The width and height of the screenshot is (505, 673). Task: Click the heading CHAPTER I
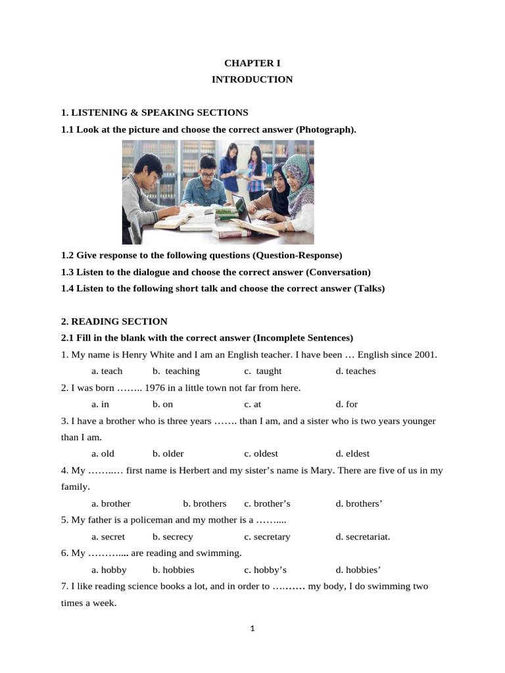pyautogui.click(x=252, y=63)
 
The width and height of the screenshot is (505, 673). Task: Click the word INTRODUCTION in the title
pyautogui.click(x=252, y=80)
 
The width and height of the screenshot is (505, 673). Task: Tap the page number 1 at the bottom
pyautogui.click(x=252, y=628)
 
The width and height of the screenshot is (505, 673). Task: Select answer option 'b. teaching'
pyautogui.click(x=176, y=371)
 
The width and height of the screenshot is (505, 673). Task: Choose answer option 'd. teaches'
pyautogui.click(x=356, y=371)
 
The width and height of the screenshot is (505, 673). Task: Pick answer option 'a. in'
pyautogui.click(x=100, y=404)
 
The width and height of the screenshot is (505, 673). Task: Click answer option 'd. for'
pyautogui.click(x=347, y=404)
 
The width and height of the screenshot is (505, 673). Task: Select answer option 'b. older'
pyautogui.click(x=168, y=453)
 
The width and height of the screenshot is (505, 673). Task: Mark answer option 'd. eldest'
pyautogui.click(x=352, y=453)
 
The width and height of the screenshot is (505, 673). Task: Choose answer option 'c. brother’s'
pyautogui.click(x=267, y=503)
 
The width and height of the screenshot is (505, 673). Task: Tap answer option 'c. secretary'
pyautogui.click(x=267, y=536)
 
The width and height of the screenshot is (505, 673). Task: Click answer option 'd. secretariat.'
pyautogui.click(x=363, y=536)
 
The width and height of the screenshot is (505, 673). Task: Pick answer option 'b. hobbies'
pyautogui.click(x=174, y=570)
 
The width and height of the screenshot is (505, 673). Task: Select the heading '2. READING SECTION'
pyautogui.click(x=114, y=321)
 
